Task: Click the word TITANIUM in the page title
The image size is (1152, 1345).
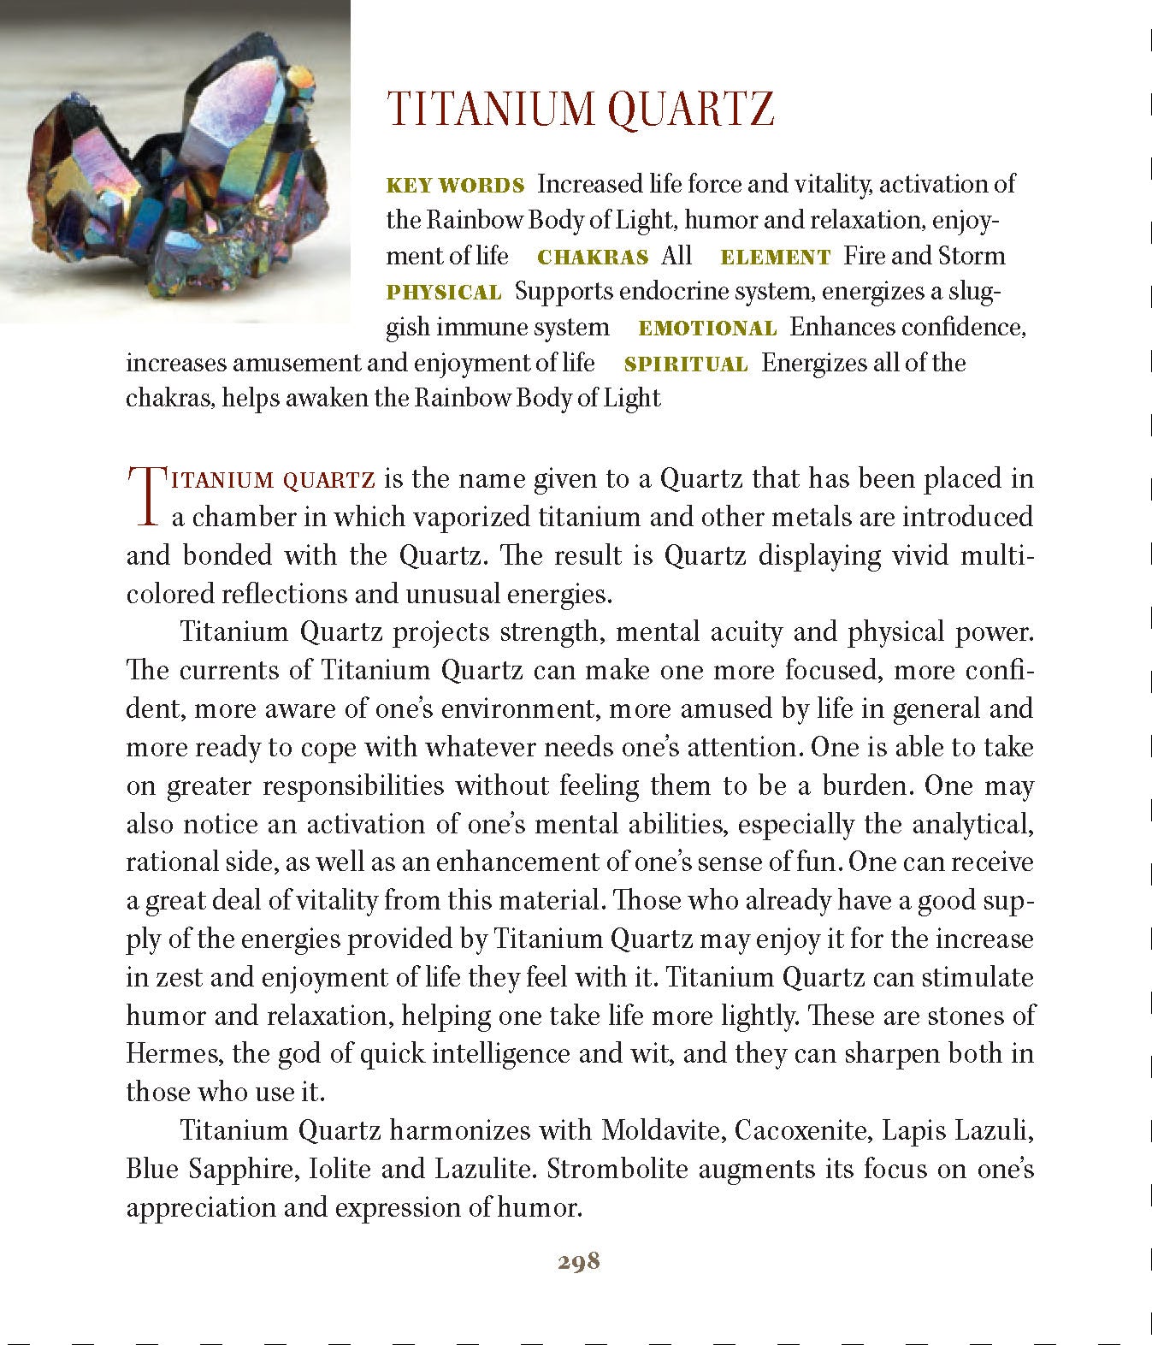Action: pos(491,110)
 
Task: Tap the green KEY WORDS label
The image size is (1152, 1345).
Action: pos(455,186)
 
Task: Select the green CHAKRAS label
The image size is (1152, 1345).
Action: pos(592,258)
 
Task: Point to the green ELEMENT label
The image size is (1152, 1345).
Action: pos(775,258)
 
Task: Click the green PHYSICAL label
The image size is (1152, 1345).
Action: pos(443,293)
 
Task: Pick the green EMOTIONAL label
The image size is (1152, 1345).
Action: pos(707,329)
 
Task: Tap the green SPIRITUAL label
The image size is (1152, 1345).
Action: pos(686,364)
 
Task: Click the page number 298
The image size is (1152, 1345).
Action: pos(579,1261)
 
